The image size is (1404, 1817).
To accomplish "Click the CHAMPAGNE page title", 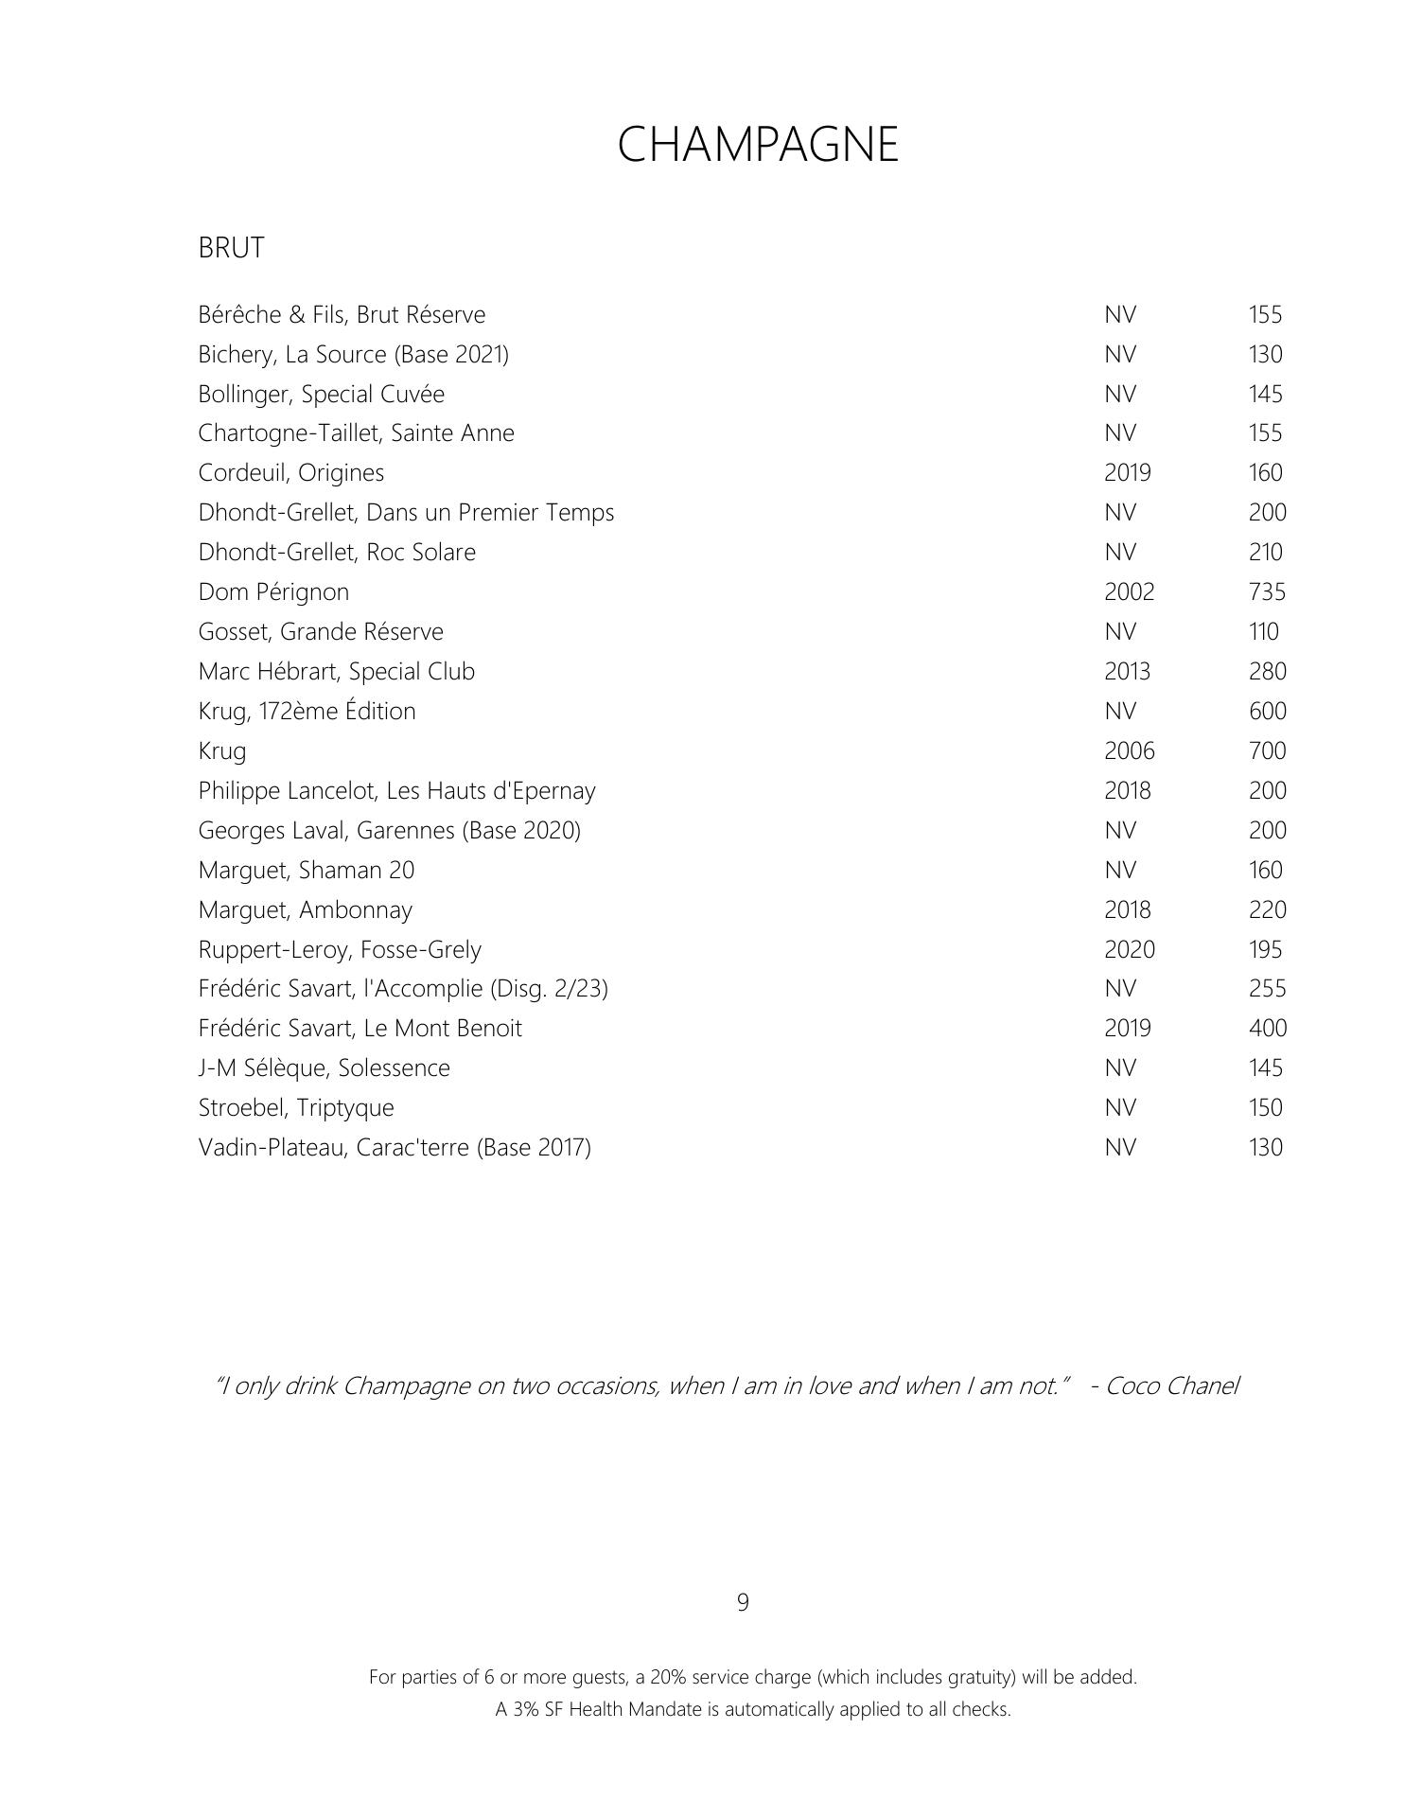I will (757, 145).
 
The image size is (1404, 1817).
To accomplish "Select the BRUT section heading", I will (231, 248).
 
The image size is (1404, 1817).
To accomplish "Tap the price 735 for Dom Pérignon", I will (1267, 591).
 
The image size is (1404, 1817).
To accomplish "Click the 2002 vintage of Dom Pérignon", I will (1129, 591).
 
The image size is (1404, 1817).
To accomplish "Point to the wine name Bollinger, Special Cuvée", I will (321, 394).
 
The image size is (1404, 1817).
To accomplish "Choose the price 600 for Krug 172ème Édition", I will (1267, 711).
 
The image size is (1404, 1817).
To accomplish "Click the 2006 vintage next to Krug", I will (1129, 750).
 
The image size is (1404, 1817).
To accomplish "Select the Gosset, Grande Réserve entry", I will (320, 631).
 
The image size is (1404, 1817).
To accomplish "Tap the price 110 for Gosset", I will (1263, 631).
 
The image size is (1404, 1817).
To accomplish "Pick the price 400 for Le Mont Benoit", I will (1267, 1028).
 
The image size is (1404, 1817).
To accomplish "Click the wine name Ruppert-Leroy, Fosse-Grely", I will (339, 949).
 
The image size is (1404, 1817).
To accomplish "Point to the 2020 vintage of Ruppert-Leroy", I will (1129, 949).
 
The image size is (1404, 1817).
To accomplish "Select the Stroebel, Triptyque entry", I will (295, 1107).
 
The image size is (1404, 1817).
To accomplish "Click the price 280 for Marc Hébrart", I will (1267, 671).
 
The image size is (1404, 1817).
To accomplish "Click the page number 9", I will (743, 1602).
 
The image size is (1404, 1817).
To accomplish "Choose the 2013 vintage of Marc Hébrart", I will (1127, 671).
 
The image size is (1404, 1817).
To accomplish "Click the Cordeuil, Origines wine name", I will (290, 472).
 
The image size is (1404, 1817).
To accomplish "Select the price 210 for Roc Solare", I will (1265, 552).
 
